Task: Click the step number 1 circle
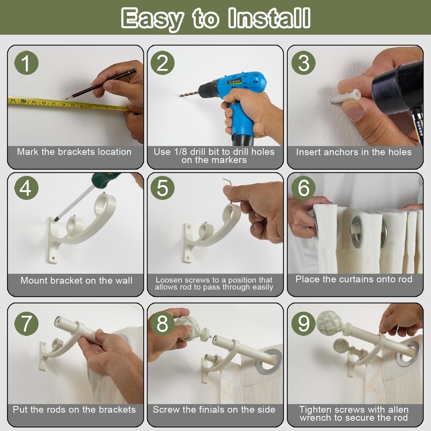point(26,63)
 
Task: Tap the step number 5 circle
point(162,188)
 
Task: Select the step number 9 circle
point(303,323)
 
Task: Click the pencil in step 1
point(101,84)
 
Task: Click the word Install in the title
point(269,18)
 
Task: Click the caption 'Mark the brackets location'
point(74,152)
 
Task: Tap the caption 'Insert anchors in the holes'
point(354,152)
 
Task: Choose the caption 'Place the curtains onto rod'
point(354,279)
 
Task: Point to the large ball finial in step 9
point(329,322)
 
